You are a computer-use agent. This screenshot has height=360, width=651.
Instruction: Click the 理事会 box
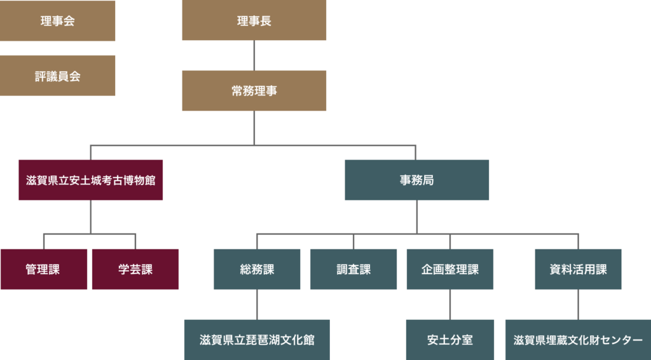click(x=57, y=21)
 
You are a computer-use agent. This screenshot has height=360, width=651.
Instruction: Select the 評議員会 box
click(x=57, y=76)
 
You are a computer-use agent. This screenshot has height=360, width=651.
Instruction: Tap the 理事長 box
click(x=254, y=21)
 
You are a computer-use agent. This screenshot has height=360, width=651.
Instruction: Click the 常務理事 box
click(x=254, y=91)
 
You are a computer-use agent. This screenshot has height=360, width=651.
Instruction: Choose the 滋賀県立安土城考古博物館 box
click(x=91, y=180)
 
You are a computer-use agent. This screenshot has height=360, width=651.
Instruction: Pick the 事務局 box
click(x=417, y=180)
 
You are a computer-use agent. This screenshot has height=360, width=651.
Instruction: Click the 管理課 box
click(x=43, y=269)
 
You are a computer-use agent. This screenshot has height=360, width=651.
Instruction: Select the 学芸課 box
click(x=135, y=269)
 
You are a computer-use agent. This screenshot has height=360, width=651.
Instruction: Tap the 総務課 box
click(x=257, y=269)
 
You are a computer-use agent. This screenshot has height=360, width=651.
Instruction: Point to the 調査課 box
click(x=353, y=269)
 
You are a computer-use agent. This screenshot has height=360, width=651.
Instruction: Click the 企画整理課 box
click(x=450, y=269)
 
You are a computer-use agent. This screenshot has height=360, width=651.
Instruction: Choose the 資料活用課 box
click(x=578, y=269)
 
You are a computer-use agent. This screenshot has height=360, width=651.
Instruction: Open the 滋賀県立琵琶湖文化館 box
click(x=257, y=340)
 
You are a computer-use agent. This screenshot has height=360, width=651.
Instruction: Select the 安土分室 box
click(x=450, y=340)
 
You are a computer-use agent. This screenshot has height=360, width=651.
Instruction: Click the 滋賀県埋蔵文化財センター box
click(x=578, y=340)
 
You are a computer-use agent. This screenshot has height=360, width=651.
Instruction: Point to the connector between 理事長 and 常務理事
click(x=254, y=55)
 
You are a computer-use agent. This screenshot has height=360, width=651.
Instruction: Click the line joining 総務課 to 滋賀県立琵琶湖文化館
click(x=257, y=305)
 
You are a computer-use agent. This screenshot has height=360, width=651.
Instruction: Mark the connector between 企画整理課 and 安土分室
click(x=450, y=305)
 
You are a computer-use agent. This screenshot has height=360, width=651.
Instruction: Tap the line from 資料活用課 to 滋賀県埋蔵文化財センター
click(x=578, y=305)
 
